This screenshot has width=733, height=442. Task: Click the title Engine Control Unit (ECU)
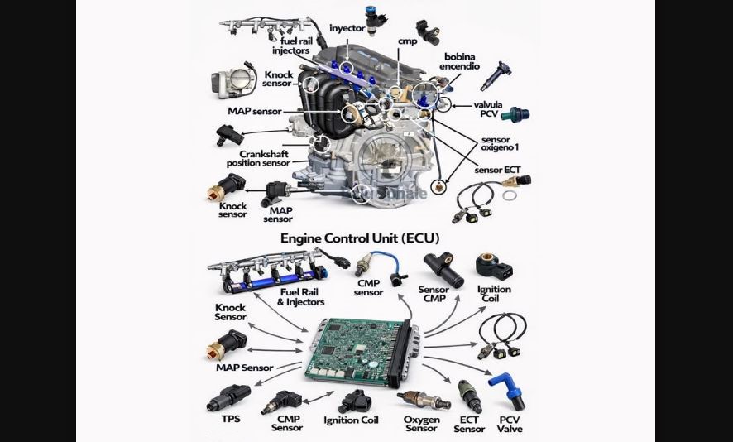(360, 238)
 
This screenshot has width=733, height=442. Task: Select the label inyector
(347, 28)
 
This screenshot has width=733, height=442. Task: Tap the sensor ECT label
(497, 171)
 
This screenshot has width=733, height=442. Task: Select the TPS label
(230, 419)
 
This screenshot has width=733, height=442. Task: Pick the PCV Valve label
(510, 425)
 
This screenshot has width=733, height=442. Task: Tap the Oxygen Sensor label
(421, 424)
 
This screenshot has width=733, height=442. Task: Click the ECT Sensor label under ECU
(468, 424)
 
